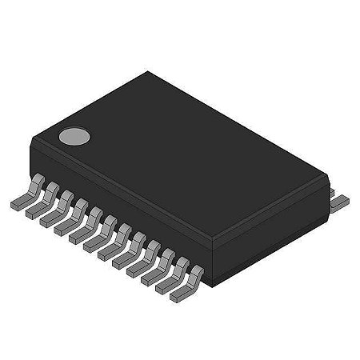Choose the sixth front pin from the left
tap(94, 244)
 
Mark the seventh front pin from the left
tap(108, 253)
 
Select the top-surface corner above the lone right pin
tap(326, 169)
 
